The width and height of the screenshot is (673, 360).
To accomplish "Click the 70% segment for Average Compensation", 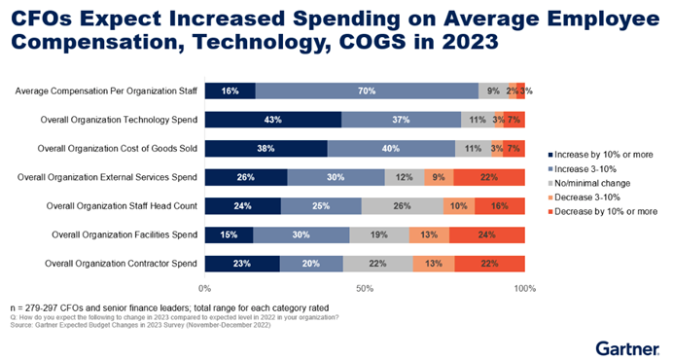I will click(x=368, y=91).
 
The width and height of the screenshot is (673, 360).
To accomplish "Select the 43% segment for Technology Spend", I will click(x=273, y=120).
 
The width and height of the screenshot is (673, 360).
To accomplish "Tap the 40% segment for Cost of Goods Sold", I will click(x=391, y=149).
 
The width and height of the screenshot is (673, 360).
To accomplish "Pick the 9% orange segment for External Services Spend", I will click(x=439, y=177).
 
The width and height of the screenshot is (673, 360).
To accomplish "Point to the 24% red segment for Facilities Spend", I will click(x=487, y=234).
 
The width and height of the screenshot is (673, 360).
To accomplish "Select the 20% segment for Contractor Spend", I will click(x=311, y=263).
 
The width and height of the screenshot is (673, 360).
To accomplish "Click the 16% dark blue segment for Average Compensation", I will click(x=230, y=91).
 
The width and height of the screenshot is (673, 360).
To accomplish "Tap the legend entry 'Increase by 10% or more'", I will click(x=604, y=155).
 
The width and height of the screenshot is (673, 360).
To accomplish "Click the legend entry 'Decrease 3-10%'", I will click(x=590, y=196).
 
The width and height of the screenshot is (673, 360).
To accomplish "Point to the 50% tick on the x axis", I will click(x=365, y=289).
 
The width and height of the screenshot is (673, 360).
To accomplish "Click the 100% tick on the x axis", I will click(x=524, y=289).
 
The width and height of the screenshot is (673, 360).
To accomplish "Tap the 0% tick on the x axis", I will click(x=205, y=289).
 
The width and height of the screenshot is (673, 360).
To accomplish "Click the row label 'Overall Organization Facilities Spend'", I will click(x=117, y=234).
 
